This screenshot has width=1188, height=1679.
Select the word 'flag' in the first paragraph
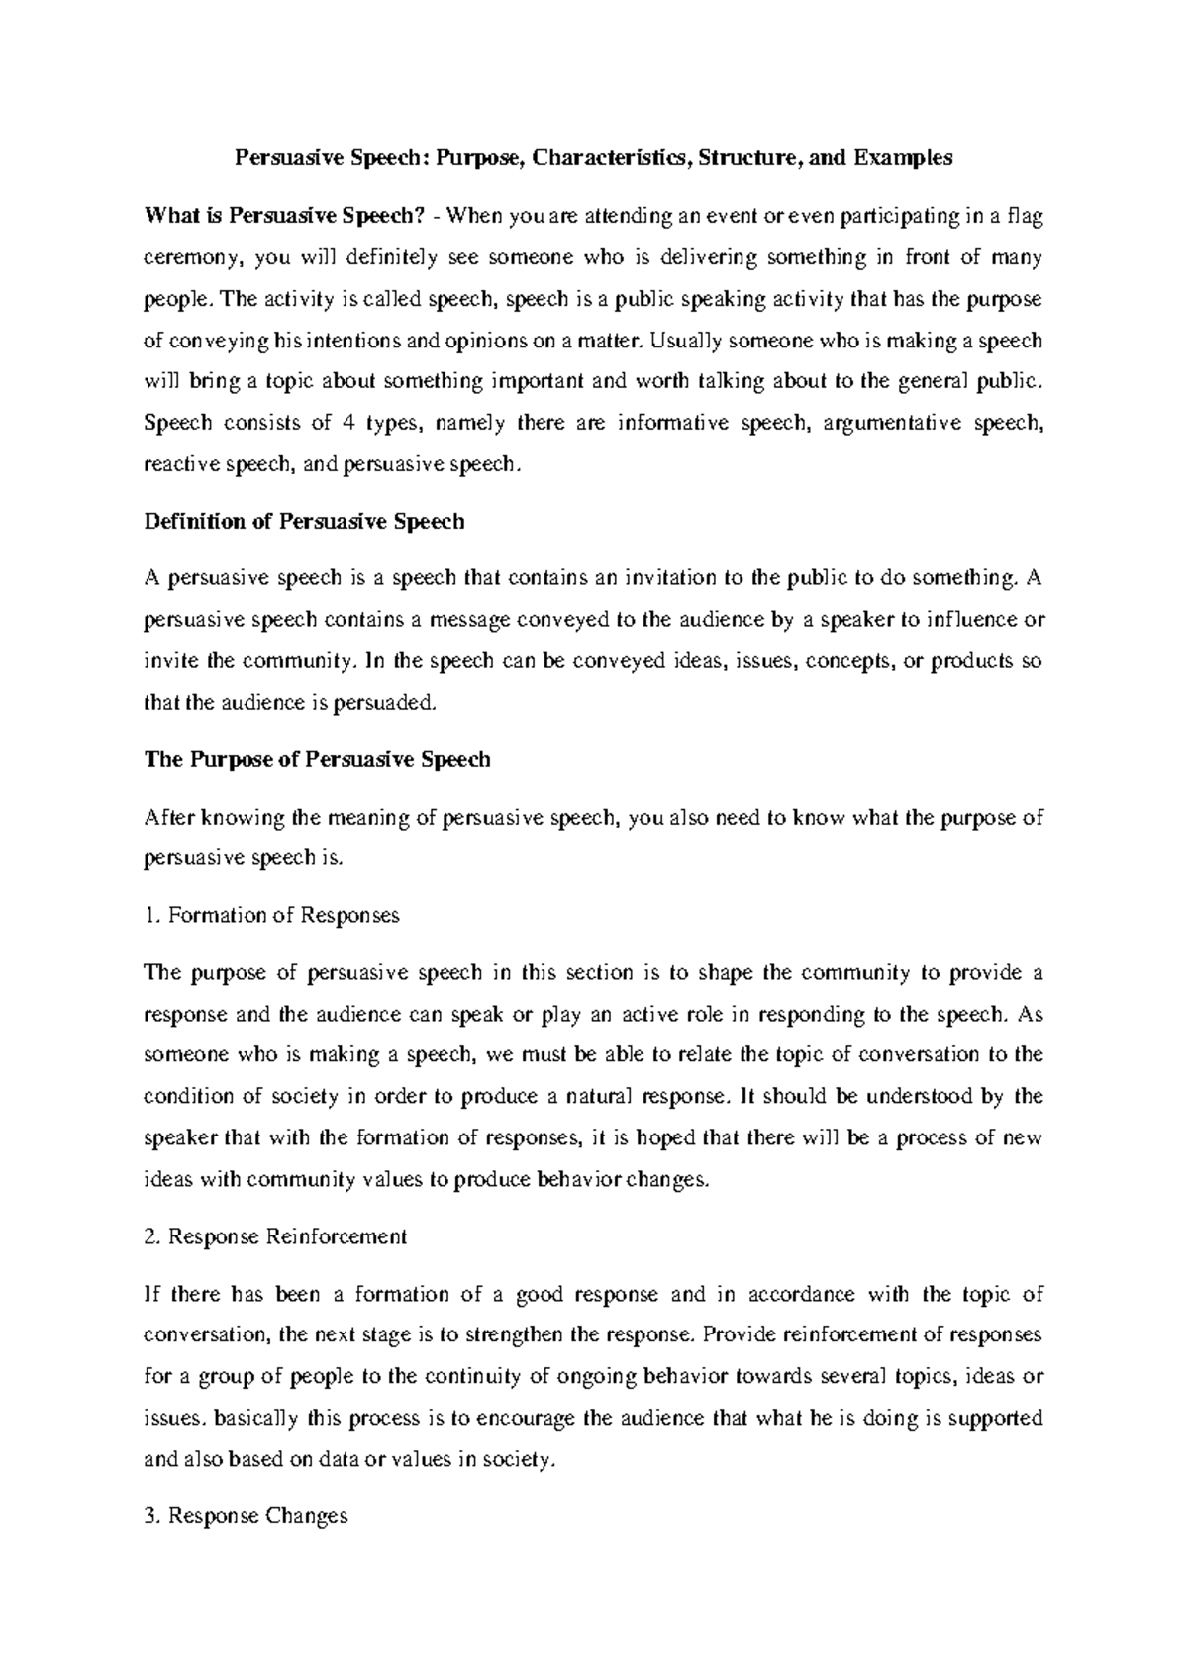(1023, 216)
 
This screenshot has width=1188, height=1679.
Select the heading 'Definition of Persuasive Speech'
(305, 521)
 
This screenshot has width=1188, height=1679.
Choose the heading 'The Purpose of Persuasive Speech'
(317, 759)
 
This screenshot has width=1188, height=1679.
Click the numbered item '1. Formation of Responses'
(272, 915)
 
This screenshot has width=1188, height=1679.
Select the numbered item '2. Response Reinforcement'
(275, 1236)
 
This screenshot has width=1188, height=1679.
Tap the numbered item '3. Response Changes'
(246, 1515)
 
